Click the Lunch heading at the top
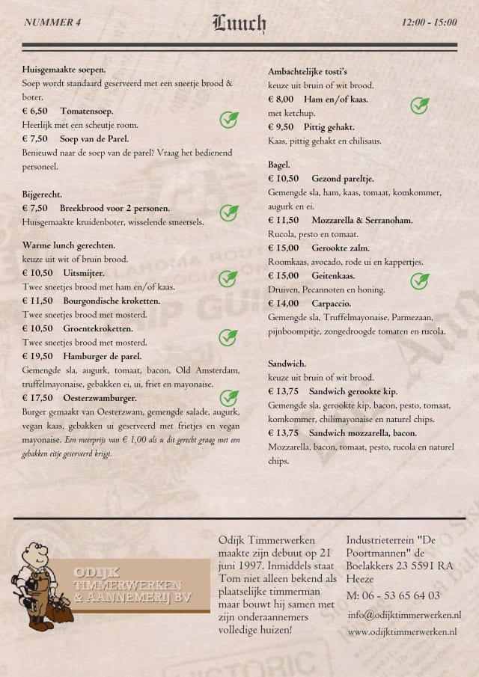(239, 23)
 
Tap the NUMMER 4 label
(52, 22)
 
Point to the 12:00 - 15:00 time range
(429, 22)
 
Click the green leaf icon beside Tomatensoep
(228, 119)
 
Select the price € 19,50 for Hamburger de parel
(37, 356)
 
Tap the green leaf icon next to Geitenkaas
(420, 281)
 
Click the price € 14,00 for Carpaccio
(284, 304)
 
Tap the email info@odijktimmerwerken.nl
(404, 614)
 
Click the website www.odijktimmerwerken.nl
(403, 632)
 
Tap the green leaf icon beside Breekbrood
(228, 213)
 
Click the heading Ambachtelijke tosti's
(308, 71)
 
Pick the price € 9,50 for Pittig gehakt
(281, 127)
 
